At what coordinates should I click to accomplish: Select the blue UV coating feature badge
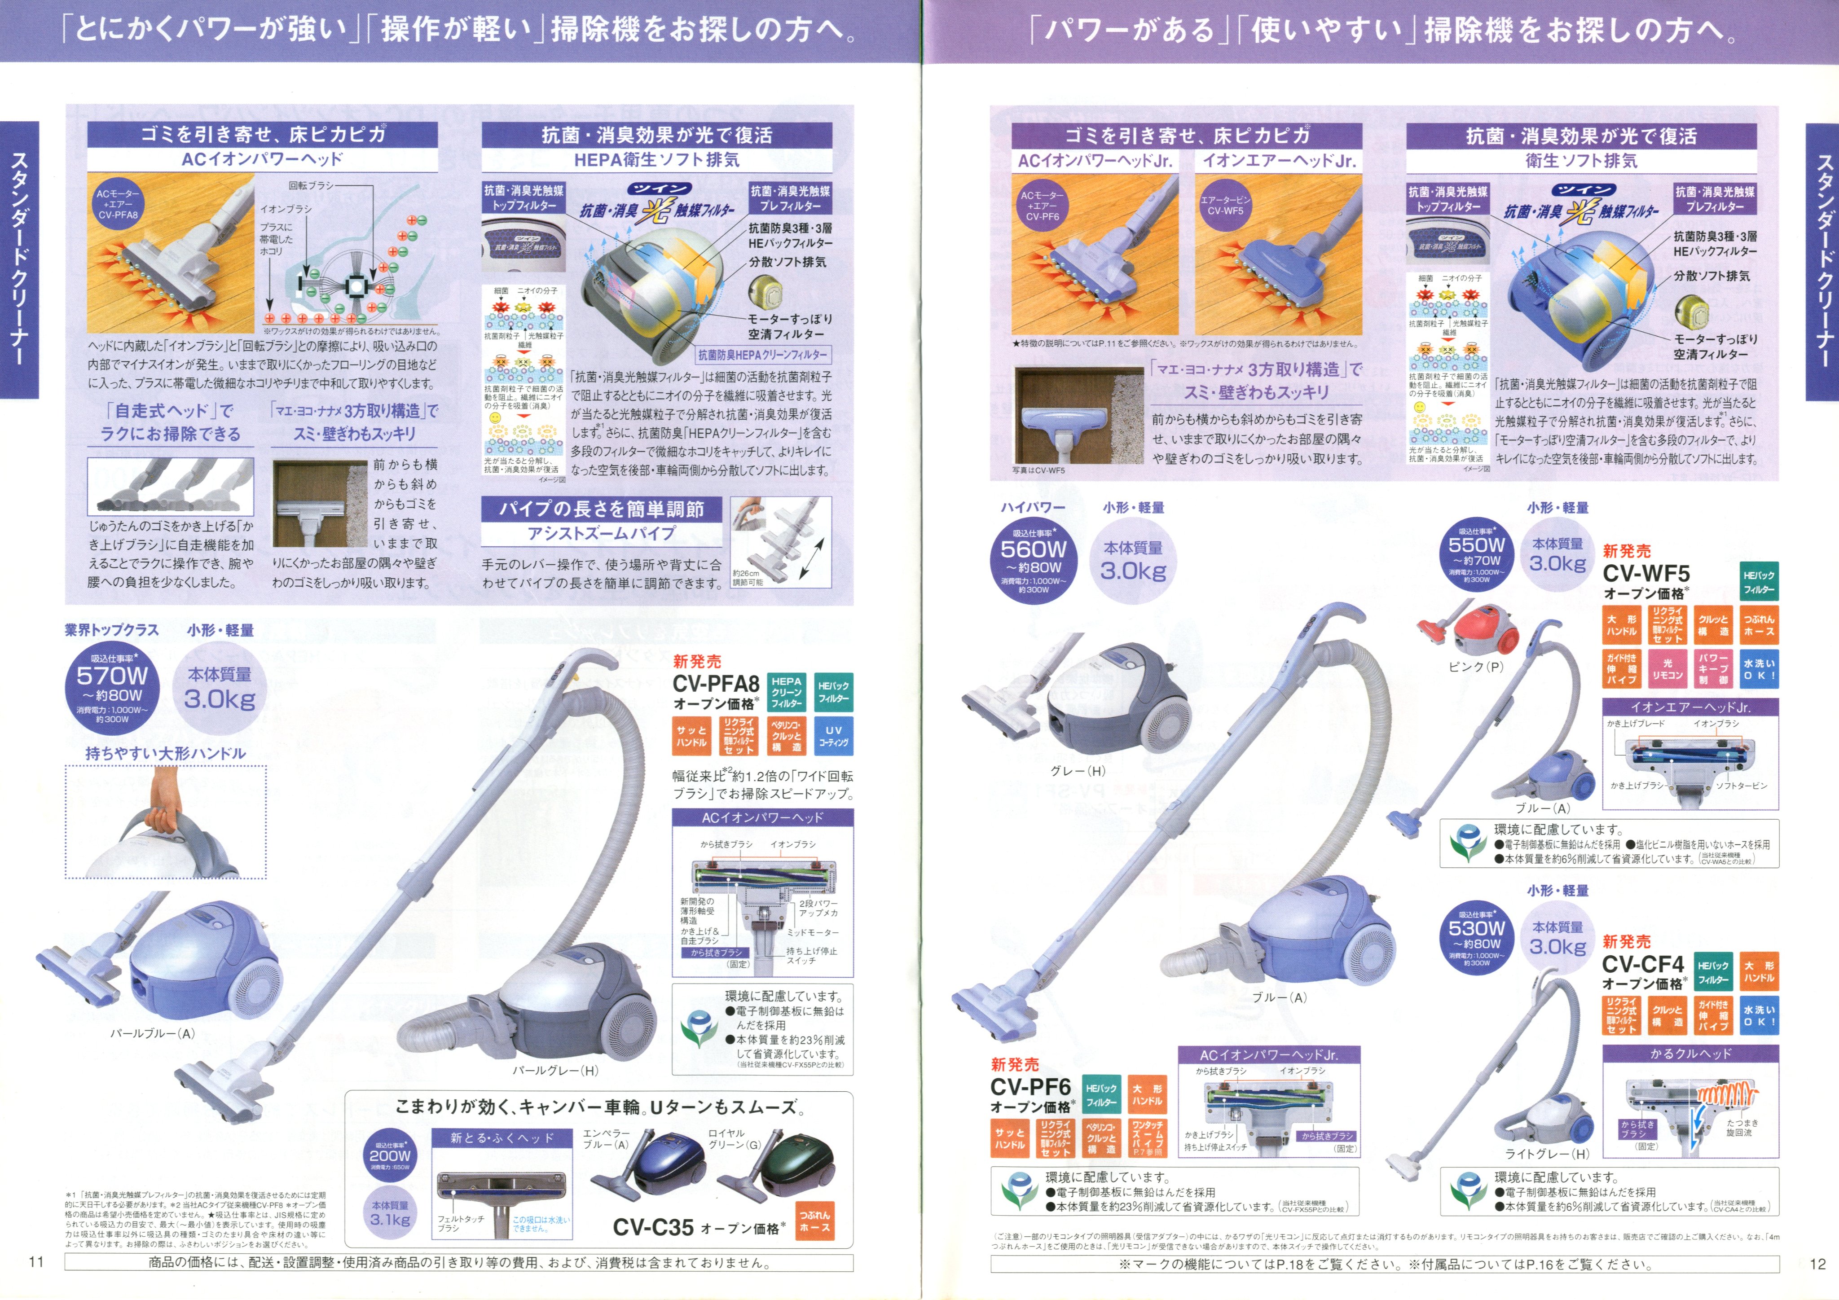[x=833, y=736]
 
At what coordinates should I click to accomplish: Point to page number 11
[x=36, y=1262]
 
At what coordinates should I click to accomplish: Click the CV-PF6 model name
[x=1030, y=1087]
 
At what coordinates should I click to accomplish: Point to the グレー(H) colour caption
[x=1077, y=771]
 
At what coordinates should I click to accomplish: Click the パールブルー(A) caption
[x=152, y=1033]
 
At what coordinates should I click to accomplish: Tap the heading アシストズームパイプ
[x=601, y=533]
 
